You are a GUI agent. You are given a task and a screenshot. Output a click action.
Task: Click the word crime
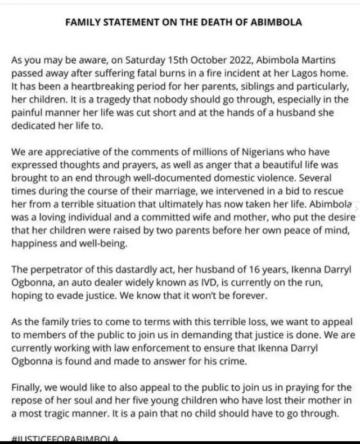231,362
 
